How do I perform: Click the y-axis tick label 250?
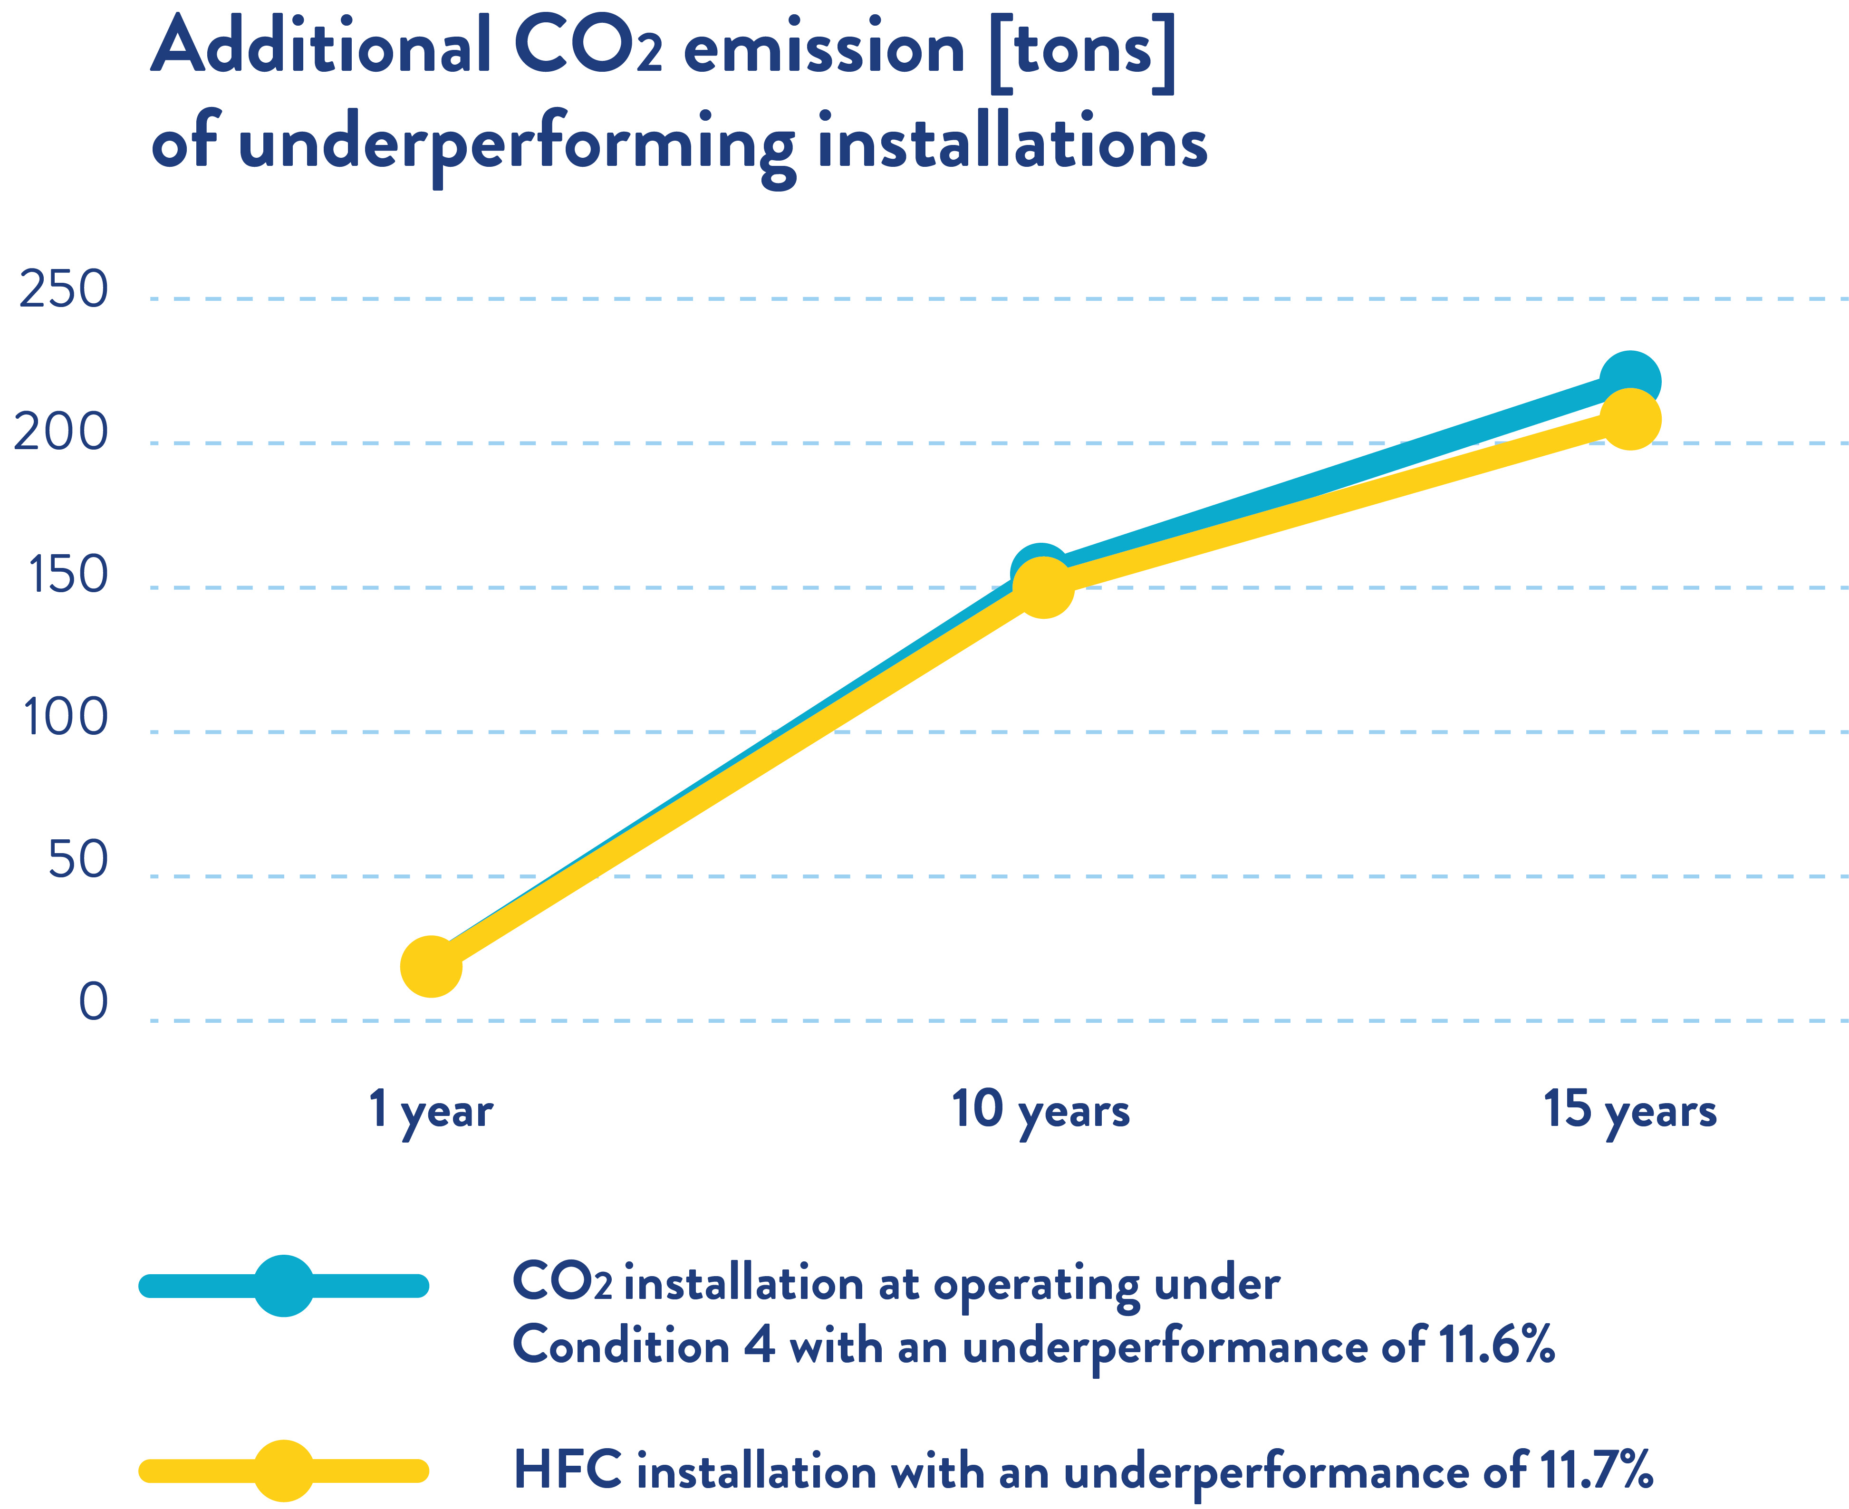coord(64,289)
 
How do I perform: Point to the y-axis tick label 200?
coord(61,432)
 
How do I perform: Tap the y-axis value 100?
coord(65,718)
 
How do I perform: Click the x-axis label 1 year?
coord(430,1111)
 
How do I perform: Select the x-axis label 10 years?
coord(1040,1111)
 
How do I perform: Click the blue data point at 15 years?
coord(1630,381)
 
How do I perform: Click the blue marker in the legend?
coord(283,1286)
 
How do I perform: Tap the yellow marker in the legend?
coord(283,1471)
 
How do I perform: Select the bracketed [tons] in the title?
coord(1082,50)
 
